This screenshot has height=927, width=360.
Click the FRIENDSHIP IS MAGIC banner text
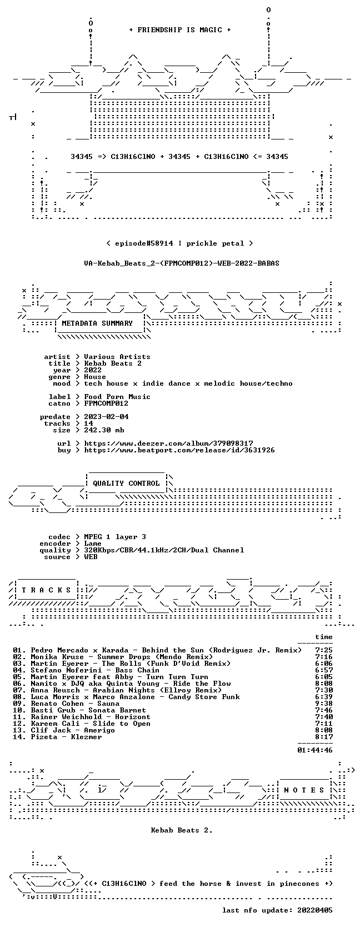point(180,30)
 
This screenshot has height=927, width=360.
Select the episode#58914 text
point(144,243)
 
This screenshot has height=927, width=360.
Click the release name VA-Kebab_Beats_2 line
point(181,263)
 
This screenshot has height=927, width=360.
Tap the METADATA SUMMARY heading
point(97,323)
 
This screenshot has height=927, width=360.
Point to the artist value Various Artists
point(117,357)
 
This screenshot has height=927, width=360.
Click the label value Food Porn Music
point(117,397)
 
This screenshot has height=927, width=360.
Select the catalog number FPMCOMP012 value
point(106,403)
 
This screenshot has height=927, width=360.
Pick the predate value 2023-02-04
point(106,417)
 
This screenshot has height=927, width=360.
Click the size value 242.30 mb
point(104,430)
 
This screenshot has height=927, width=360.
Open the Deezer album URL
point(168,443)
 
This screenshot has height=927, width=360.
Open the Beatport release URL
point(179,450)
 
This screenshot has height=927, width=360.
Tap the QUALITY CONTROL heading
point(126,484)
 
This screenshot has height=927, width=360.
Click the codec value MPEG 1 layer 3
point(115,537)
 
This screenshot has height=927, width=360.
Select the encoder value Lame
point(93,544)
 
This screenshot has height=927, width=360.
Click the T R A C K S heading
point(46,590)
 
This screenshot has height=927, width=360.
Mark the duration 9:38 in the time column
point(323,704)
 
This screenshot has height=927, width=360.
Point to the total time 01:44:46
point(315,750)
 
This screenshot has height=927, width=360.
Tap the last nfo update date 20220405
point(315,910)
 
